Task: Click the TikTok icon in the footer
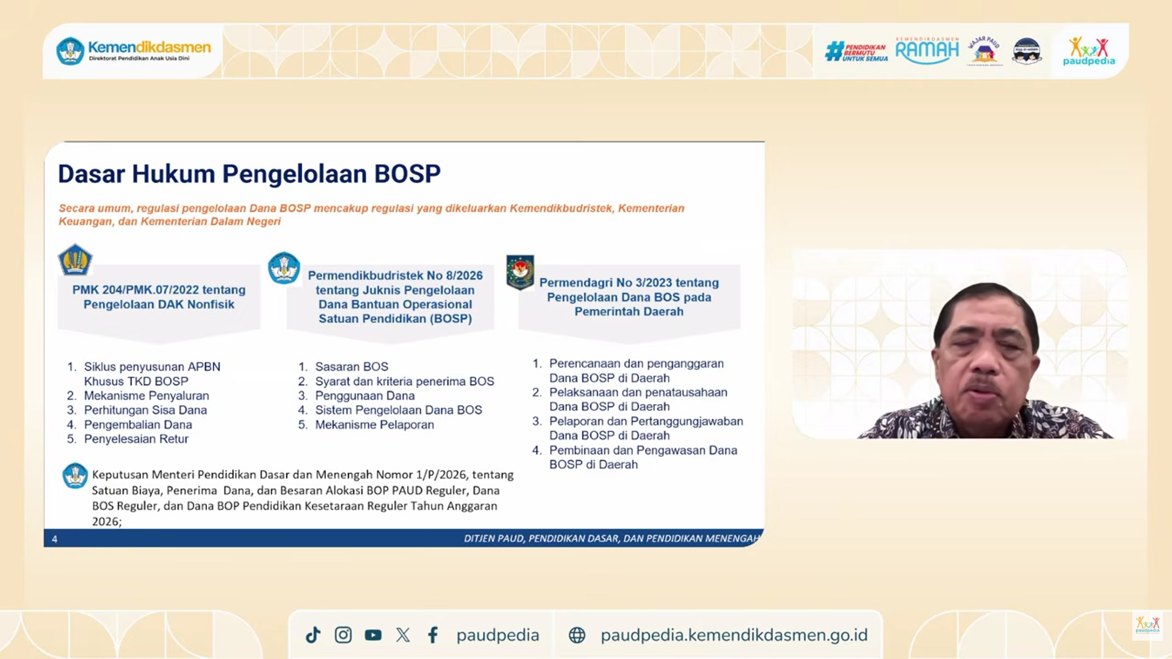(x=313, y=635)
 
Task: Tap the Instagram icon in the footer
(x=343, y=635)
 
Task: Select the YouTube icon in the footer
(x=373, y=635)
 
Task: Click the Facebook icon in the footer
(x=433, y=635)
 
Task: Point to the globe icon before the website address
(x=577, y=635)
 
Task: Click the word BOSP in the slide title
(x=407, y=174)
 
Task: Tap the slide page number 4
(x=55, y=539)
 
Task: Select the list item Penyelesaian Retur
(x=136, y=439)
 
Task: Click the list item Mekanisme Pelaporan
(x=374, y=425)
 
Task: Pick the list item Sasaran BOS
(x=352, y=367)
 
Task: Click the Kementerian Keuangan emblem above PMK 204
(x=75, y=260)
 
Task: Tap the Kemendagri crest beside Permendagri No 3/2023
(x=520, y=271)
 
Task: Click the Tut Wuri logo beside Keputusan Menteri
(x=75, y=476)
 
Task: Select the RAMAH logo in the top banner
(x=927, y=51)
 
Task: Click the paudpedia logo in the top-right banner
(x=1088, y=51)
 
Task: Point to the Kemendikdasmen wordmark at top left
(x=149, y=48)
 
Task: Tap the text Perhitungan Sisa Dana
(x=145, y=410)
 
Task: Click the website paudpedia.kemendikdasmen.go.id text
(x=734, y=635)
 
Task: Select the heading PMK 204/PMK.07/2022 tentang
(x=159, y=290)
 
